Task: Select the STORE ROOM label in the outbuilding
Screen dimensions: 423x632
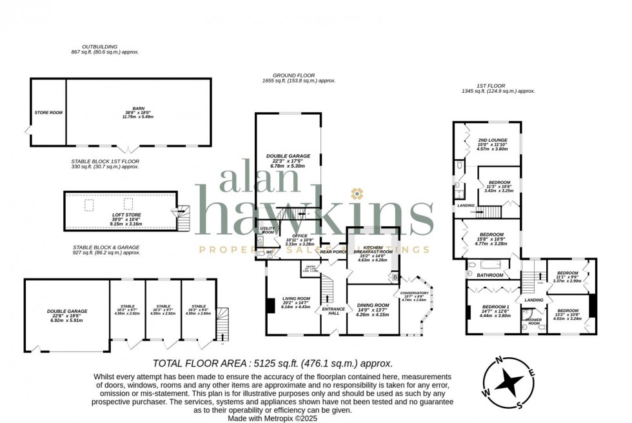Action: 48,113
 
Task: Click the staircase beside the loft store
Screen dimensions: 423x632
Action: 184,219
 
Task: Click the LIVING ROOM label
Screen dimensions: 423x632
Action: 296,299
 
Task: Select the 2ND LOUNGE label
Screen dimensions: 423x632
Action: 492,140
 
